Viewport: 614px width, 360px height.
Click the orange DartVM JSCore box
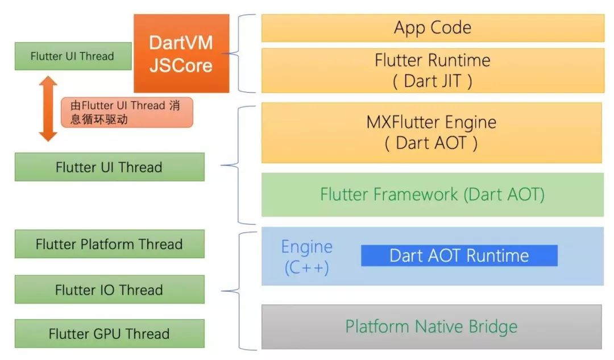(181, 53)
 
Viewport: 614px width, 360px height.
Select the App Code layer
(432, 28)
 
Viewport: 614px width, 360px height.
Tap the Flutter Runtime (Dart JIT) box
(432, 70)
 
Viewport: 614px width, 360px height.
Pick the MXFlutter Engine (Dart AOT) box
(431, 133)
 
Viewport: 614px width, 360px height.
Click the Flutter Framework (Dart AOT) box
(432, 195)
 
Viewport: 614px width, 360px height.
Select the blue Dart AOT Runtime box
(459, 255)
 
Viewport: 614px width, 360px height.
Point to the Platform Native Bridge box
(431, 326)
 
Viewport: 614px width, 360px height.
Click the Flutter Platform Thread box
(109, 244)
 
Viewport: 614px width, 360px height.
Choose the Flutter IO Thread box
(109, 289)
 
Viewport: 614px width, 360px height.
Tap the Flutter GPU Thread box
(109, 333)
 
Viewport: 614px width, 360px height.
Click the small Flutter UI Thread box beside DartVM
(72, 56)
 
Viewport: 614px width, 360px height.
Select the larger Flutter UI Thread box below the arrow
(109, 167)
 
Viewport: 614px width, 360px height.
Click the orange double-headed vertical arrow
(48, 109)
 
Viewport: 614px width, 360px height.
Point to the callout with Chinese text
(127, 112)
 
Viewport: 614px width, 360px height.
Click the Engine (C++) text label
(307, 256)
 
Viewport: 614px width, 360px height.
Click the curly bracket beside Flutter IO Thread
(242, 291)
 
